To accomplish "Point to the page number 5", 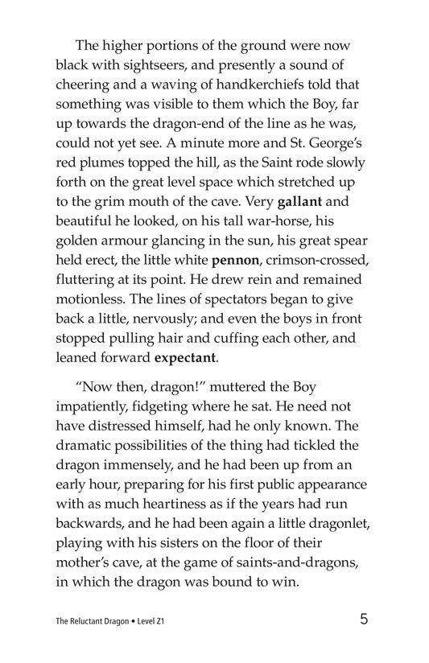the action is [365, 620].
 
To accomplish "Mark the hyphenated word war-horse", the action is [299, 216].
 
